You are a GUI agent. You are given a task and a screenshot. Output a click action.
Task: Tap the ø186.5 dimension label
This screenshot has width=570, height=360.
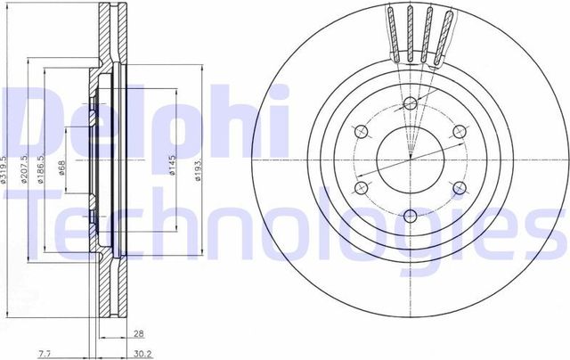(45, 168)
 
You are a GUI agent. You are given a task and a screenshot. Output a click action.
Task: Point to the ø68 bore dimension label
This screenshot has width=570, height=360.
(62, 168)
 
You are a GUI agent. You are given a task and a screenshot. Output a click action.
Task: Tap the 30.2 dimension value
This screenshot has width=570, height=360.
(139, 354)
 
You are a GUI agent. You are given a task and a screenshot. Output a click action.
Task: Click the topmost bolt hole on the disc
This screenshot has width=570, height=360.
(410, 101)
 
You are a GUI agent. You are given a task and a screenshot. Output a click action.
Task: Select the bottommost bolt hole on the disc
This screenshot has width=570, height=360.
(410, 215)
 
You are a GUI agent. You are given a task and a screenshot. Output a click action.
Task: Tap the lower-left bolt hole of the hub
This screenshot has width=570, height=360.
(361, 188)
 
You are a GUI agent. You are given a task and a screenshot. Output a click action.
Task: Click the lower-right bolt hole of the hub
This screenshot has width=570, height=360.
(460, 188)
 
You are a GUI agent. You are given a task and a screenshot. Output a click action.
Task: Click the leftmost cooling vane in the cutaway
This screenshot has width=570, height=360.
(393, 36)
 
